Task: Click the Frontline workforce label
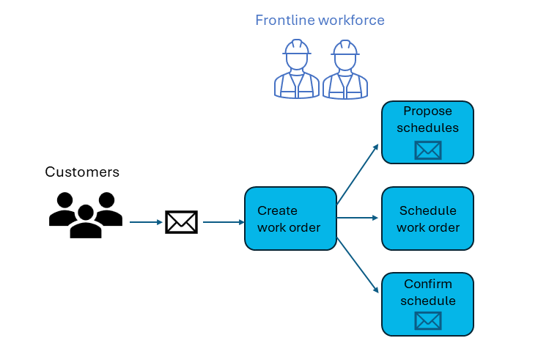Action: coord(320,21)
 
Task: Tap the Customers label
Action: coord(82,172)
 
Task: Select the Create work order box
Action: coord(290,218)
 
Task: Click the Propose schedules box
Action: coord(427,132)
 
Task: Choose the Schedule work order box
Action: coord(427,218)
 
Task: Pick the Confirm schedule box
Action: coord(427,304)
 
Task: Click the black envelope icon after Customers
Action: coord(181,221)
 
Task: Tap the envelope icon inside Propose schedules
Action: coord(428,150)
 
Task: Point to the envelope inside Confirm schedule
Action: coord(428,321)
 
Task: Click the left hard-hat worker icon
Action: coord(296,70)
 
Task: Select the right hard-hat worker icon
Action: coord(344,70)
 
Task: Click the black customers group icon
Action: coord(86,214)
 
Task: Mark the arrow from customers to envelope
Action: coord(146,221)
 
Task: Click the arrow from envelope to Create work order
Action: coord(223,221)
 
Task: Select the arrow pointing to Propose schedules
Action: coord(358,173)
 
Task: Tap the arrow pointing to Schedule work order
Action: coord(358,218)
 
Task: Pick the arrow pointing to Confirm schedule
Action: coord(358,262)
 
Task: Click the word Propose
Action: coord(427,111)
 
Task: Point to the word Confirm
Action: coord(427,284)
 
